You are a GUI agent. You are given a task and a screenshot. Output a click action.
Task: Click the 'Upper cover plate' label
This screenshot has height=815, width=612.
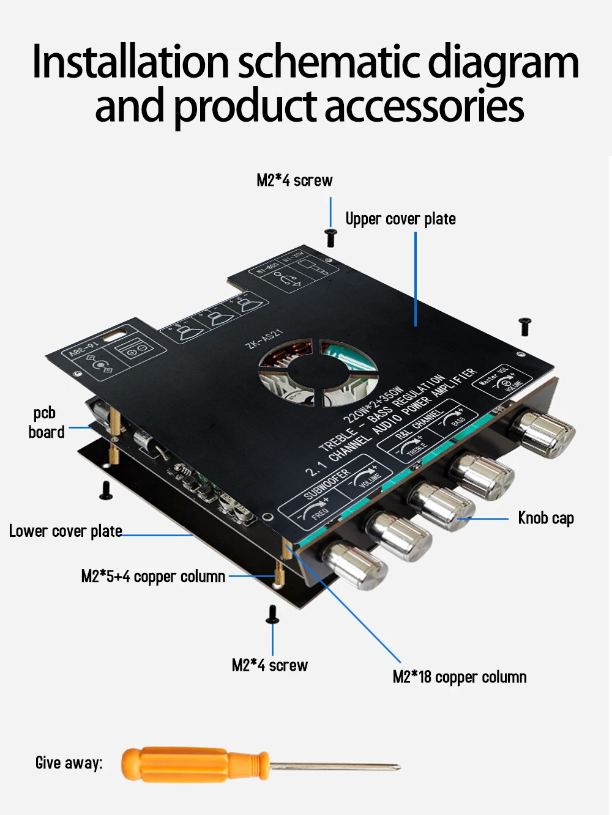[x=400, y=219]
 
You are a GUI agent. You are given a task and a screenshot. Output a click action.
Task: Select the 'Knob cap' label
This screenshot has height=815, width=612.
[x=545, y=518]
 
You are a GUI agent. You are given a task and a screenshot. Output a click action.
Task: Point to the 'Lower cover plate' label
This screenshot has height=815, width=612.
[x=65, y=531]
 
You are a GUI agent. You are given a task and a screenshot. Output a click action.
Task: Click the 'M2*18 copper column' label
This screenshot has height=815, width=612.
[x=459, y=677]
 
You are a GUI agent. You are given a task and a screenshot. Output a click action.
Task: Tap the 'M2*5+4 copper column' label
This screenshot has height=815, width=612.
[x=153, y=577]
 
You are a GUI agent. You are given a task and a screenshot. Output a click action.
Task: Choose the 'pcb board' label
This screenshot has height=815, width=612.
[x=46, y=422]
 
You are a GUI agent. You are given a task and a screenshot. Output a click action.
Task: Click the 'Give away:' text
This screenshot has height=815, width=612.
[x=69, y=763]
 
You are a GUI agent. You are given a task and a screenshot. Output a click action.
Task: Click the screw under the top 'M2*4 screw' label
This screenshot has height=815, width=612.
[x=330, y=237]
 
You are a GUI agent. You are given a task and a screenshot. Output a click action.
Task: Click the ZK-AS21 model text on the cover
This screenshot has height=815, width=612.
[x=264, y=339]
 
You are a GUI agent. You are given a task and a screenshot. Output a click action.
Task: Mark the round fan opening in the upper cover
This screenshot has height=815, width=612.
[x=317, y=372]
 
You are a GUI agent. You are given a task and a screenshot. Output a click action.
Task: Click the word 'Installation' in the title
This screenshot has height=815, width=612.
[x=130, y=62]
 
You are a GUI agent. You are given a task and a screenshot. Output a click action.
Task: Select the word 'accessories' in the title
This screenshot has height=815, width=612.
[x=424, y=106]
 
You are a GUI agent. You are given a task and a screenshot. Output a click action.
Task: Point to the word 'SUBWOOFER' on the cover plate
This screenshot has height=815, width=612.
[x=327, y=484]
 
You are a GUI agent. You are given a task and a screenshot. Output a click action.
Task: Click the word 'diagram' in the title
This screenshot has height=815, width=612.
[x=502, y=62]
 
